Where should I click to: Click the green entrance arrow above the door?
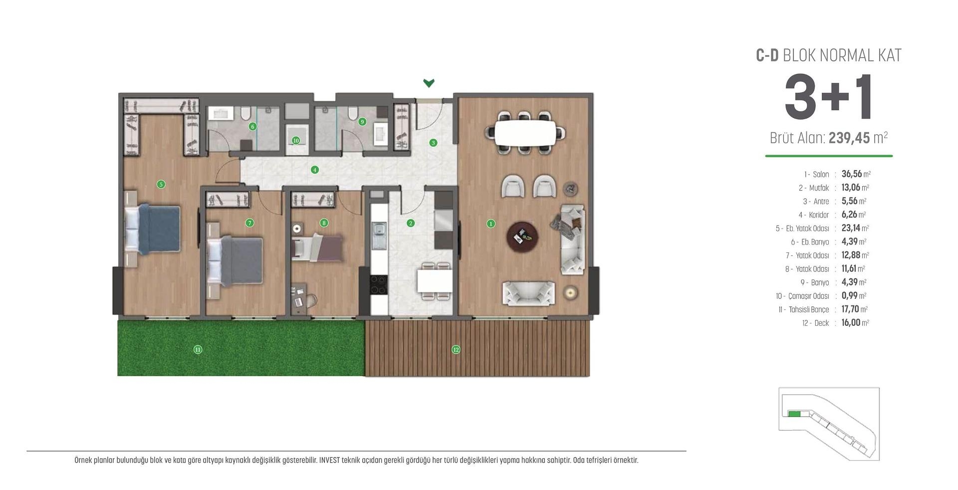point(429,83)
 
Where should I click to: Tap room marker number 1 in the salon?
point(490,224)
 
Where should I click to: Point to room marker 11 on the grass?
point(198,349)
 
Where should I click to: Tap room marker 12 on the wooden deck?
point(456,349)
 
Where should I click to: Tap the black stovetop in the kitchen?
point(378,284)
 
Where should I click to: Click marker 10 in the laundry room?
point(296,140)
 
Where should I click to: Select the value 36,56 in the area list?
point(852,174)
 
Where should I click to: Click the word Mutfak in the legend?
point(819,188)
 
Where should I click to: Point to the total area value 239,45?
point(849,138)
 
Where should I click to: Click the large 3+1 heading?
point(828,98)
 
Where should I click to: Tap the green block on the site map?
point(794,414)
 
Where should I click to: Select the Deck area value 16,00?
point(851,323)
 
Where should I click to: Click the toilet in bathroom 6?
point(245,114)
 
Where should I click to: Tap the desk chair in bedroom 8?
point(310,300)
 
